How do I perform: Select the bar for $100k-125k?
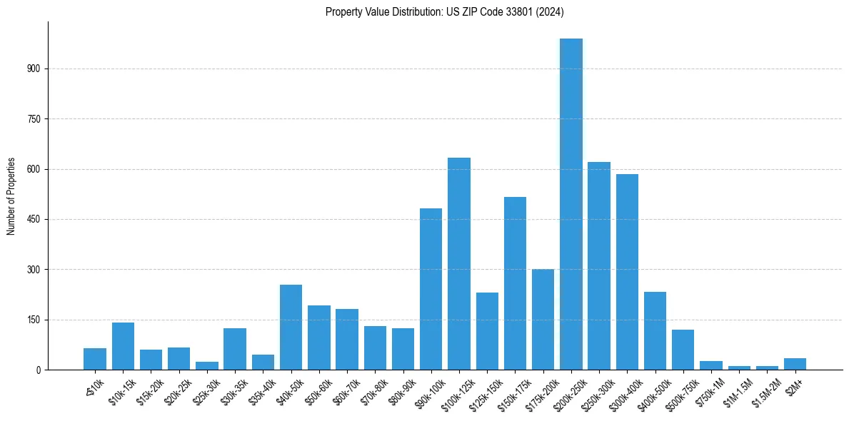point(459,264)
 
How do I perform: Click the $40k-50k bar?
point(291,327)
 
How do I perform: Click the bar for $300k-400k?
point(627,272)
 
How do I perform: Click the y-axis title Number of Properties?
point(11,196)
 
